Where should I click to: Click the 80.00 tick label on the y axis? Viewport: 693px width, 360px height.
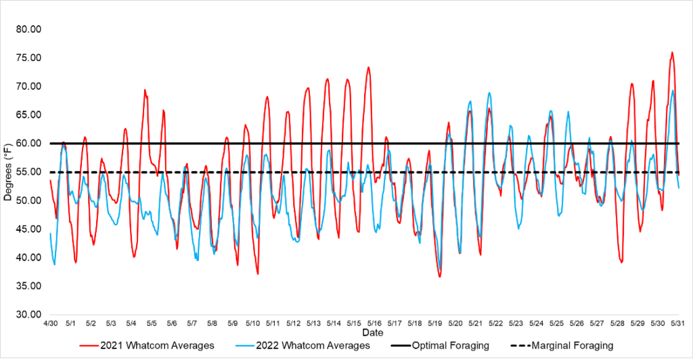(x=28, y=29)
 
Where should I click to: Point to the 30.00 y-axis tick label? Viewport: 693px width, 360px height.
(x=28, y=315)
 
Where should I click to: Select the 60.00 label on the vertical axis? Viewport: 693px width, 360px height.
(x=28, y=143)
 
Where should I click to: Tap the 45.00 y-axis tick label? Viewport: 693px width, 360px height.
(x=28, y=229)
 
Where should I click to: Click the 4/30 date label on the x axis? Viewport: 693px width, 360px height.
(x=50, y=324)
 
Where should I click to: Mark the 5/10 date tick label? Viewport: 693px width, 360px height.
(x=252, y=324)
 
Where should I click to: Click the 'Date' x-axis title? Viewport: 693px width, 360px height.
(x=372, y=333)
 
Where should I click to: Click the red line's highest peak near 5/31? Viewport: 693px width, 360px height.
(x=672, y=52)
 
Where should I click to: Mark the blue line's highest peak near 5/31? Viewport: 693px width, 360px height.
(x=673, y=91)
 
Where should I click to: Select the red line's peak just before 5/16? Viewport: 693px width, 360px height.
(x=369, y=67)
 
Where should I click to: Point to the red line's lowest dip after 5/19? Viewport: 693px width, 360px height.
(x=439, y=276)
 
